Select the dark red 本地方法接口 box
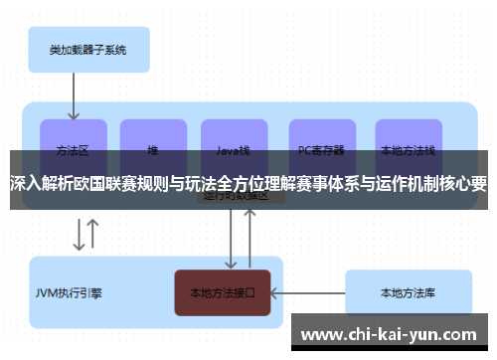[x=223, y=293]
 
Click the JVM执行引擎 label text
[x=70, y=293]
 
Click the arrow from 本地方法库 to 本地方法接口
[x=307, y=293]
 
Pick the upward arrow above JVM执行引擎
[x=93, y=235]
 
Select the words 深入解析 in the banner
[x=42, y=183]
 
